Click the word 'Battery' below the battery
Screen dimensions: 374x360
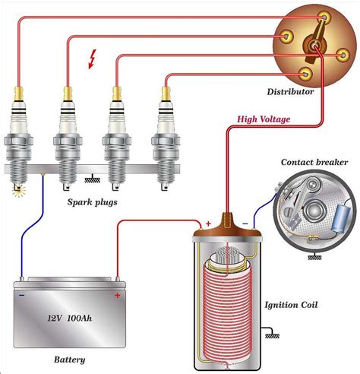pos(69,360)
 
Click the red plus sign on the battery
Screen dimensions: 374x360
pos(118,294)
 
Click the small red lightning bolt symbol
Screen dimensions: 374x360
pos(93,60)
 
